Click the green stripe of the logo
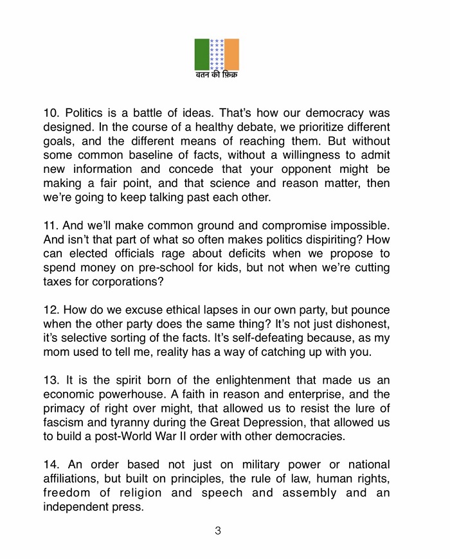pyautogui.click(x=202, y=55)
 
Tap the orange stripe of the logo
pyautogui.click(x=231, y=55)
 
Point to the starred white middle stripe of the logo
pyautogui.click(x=217, y=55)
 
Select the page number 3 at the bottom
pyautogui.click(x=218, y=531)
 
